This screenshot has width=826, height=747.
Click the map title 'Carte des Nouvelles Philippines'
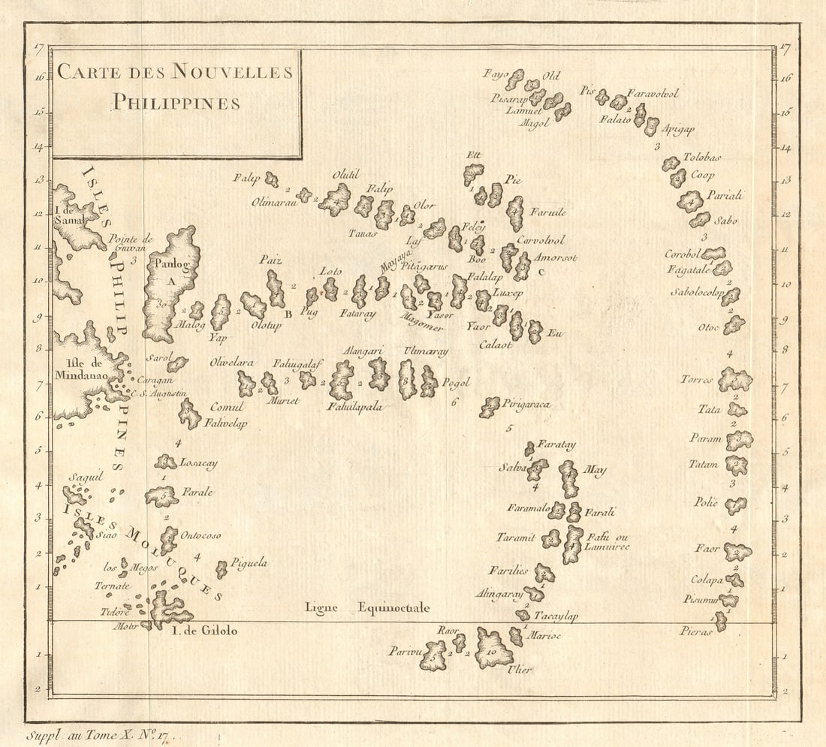[175, 86]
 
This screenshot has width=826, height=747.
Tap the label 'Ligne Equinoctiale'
[367, 607]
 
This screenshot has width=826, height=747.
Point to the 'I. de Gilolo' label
[205, 631]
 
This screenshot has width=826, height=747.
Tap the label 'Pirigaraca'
[526, 404]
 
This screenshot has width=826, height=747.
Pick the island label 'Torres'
[696, 379]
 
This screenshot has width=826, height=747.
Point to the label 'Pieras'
[696, 632]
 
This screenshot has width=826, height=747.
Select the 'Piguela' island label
[249, 562]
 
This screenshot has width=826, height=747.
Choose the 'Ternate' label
[113, 586]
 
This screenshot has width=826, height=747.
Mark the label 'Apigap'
[679, 128]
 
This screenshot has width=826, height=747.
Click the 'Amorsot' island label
[556, 258]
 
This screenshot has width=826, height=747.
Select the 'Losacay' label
[198, 464]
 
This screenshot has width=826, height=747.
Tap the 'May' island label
[595, 471]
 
